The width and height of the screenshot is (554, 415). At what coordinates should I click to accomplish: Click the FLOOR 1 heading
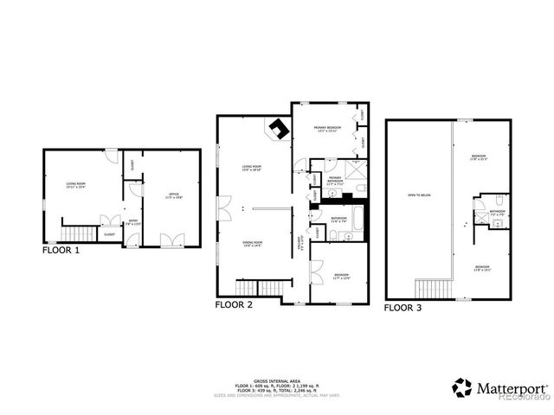(61, 252)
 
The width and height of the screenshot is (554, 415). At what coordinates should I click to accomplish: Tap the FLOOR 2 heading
(234, 305)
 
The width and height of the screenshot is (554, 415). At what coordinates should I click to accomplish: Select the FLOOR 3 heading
(404, 307)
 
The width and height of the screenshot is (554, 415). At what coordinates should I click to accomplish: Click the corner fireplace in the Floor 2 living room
(278, 131)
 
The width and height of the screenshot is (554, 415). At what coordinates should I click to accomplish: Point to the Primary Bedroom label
(326, 131)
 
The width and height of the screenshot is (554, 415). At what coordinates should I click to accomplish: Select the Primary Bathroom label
(335, 181)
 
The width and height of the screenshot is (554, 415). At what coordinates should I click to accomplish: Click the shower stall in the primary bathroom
(354, 169)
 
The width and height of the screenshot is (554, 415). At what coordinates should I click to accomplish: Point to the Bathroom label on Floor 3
(497, 212)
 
